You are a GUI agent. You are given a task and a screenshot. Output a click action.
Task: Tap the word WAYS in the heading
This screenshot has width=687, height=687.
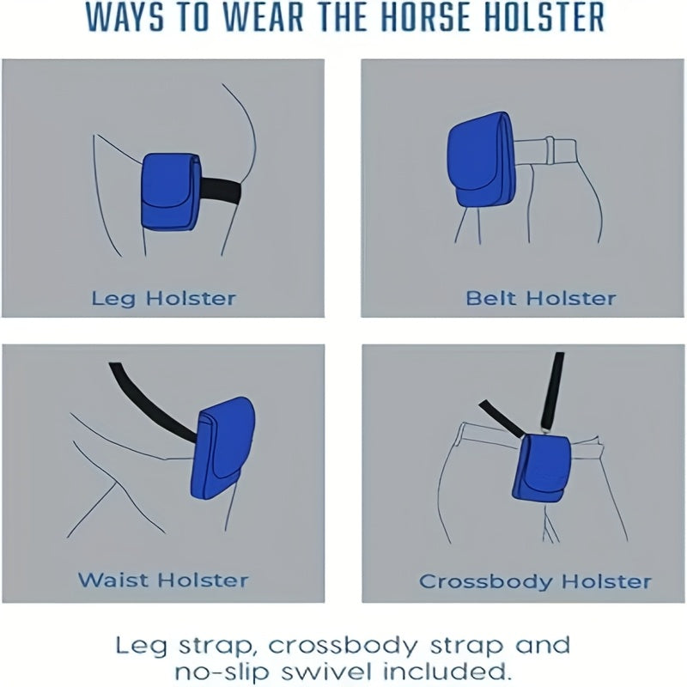click(131, 18)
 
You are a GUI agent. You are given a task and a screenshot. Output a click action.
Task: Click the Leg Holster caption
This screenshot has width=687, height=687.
click(163, 299)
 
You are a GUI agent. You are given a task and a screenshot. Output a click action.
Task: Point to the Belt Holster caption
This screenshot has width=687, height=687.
click(541, 299)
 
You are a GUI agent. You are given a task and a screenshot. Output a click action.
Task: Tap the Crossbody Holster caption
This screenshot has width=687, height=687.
click(535, 581)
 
